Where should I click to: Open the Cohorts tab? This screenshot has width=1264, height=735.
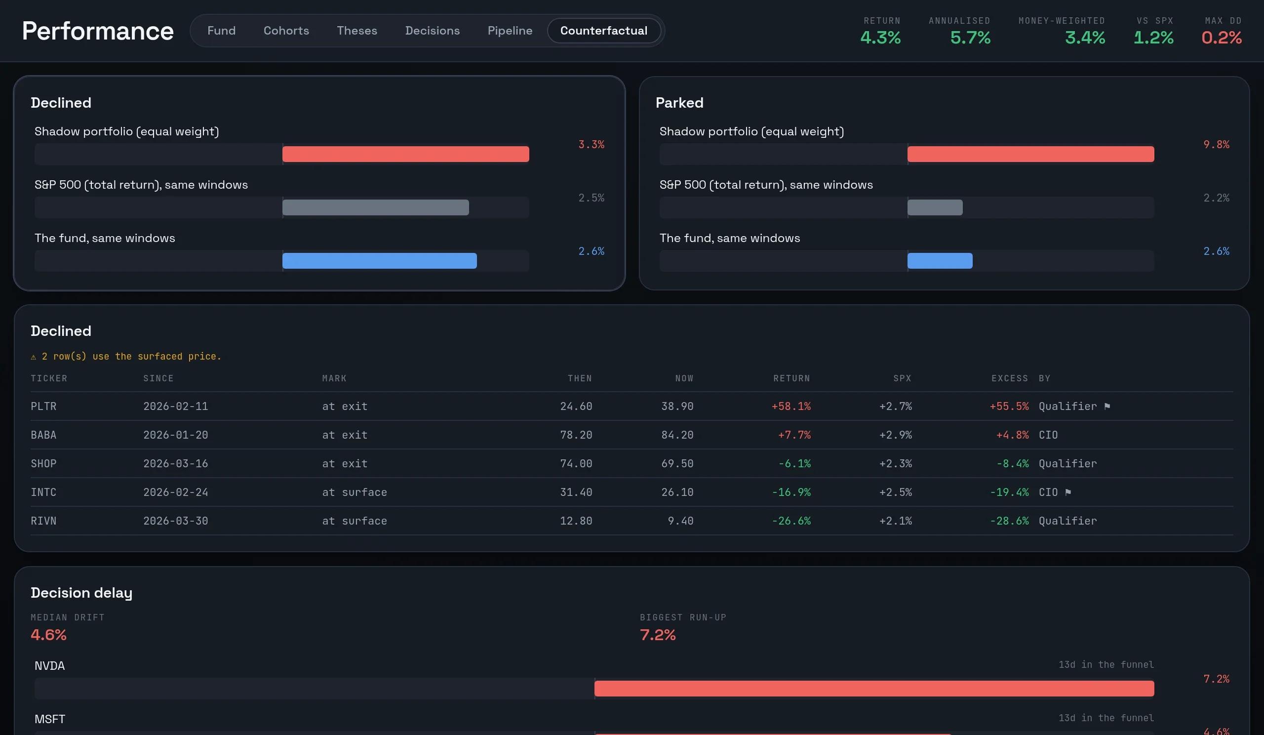(x=286, y=31)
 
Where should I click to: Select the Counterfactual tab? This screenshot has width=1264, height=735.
(x=603, y=31)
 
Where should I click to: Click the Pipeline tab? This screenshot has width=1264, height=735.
(x=510, y=31)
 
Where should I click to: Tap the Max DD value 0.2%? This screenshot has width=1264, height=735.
(x=1222, y=38)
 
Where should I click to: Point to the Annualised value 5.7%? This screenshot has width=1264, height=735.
(x=970, y=38)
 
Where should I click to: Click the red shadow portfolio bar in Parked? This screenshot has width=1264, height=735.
(x=1030, y=154)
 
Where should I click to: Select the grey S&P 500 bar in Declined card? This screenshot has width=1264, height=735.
(x=376, y=207)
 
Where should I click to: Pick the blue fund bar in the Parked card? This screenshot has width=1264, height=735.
(x=940, y=261)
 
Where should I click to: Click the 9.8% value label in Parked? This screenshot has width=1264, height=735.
(x=1216, y=145)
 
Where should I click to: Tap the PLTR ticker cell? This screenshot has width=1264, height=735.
(x=43, y=406)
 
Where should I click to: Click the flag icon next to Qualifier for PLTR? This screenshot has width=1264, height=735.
(x=1107, y=406)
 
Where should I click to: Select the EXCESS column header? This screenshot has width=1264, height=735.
(x=1009, y=378)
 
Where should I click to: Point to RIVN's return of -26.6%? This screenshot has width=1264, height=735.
(x=791, y=521)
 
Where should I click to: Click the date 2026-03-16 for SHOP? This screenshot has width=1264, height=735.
(x=176, y=464)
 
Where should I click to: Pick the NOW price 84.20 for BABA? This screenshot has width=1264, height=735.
(x=677, y=435)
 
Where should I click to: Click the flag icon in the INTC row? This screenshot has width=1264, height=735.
(x=1068, y=492)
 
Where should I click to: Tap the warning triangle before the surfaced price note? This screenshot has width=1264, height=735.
(x=34, y=357)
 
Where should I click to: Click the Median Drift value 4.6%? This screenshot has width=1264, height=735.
(x=49, y=635)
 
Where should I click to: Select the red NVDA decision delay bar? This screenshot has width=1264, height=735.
(x=874, y=689)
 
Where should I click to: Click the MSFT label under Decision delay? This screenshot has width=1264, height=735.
(x=50, y=719)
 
